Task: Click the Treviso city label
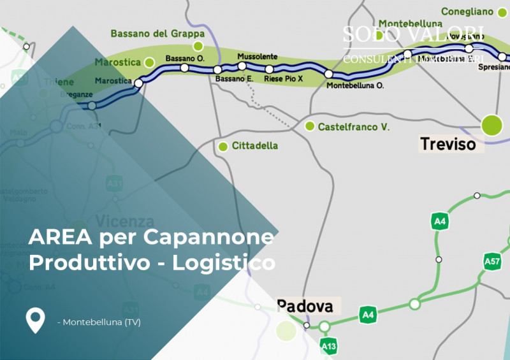[x=448, y=144]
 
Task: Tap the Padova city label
[x=305, y=306]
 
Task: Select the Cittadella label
[x=255, y=146]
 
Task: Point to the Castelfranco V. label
[x=353, y=127]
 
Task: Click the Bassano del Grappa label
[x=157, y=33]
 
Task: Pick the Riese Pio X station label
[x=283, y=79]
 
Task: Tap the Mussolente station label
[x=258, y=57]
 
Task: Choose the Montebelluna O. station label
[x=354, y=85]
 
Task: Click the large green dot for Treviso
[x=492, y=125]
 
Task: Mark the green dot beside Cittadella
[x=223, y=147]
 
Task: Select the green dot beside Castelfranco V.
[x=310, y=126]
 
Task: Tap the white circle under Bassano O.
[x=184, y=68]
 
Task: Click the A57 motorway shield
[x=492, y=261]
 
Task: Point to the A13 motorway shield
[x=328, y=346]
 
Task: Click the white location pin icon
[x=35, y=320]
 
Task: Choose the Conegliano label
[x=468, y=11]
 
